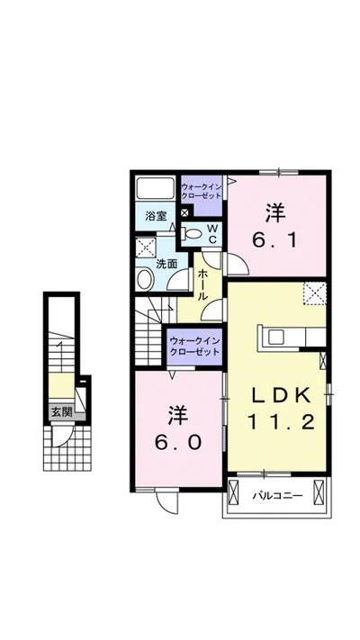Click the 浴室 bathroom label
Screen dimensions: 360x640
coord(156,216)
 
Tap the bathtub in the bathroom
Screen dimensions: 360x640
coord(155,188)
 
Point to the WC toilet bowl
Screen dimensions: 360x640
coord(193,233)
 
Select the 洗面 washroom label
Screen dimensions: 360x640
coord(167,264)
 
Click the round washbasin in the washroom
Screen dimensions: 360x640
coord(144,280)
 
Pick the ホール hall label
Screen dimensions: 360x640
coord(202,285)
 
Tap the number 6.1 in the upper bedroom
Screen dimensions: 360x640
coord(274,228)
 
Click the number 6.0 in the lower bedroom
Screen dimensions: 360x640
coord(177,428)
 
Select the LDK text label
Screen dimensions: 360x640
coord(281,395)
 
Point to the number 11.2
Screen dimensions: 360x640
coord(281,422)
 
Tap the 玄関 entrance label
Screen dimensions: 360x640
coord(61,412)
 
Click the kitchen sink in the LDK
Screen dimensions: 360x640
coord(275,338)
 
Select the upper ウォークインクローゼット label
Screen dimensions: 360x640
coord(202,192)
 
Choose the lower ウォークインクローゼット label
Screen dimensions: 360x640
coord(194,347)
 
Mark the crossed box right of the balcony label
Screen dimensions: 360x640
coord(319,492)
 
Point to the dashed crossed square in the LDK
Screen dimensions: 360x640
coord(315,293)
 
